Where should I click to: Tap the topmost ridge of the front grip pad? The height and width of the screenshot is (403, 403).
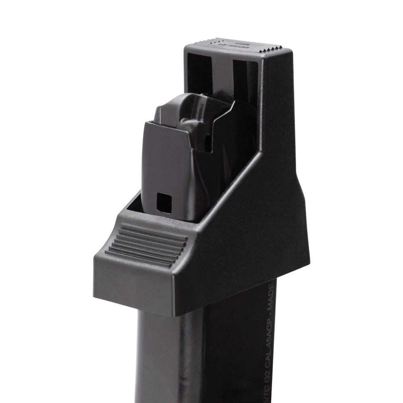155,229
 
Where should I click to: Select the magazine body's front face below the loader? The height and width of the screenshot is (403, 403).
169,355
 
